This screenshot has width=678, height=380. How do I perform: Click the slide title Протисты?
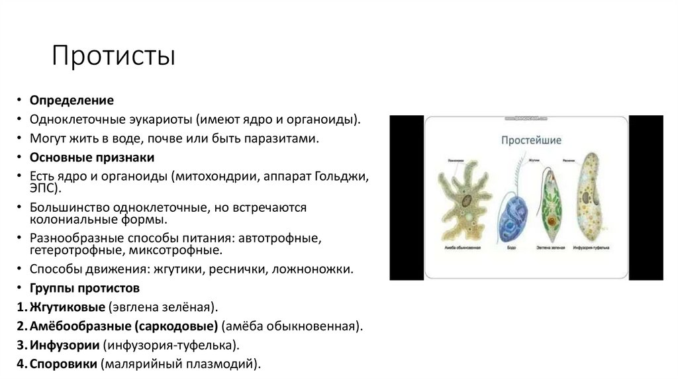pos(114,56)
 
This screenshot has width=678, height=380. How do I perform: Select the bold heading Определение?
pos(72,101)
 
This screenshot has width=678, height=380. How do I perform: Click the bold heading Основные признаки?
pos(91,158)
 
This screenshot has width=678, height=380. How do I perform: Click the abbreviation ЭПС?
pos(44,189)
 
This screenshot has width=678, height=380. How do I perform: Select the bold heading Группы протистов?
pos(84,289)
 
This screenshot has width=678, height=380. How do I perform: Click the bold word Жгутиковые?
pos(69,308)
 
